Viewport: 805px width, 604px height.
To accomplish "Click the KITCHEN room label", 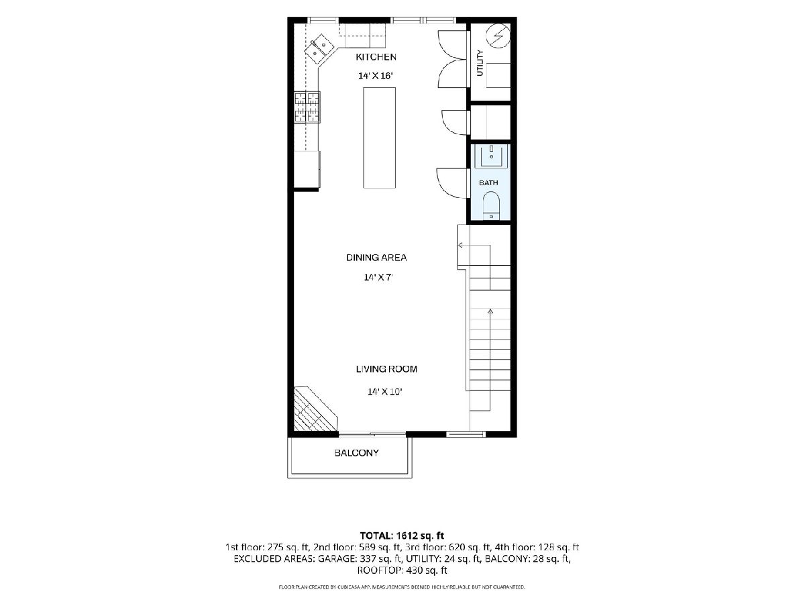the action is (376, 57).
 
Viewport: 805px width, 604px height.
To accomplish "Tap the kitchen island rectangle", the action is (379, 138).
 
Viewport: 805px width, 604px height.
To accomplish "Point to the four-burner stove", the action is (307, 107).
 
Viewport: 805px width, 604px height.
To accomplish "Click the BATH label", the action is (488, 183).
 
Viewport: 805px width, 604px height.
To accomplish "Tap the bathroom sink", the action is (491, 156).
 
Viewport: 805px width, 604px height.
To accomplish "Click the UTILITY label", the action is (480, 63).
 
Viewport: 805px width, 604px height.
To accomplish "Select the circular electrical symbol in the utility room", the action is (498, 36).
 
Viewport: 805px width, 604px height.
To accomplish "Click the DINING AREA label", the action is (376, 258).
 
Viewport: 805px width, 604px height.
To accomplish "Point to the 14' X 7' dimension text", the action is (378, 277).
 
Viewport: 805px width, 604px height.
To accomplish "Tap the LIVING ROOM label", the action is (386, 369).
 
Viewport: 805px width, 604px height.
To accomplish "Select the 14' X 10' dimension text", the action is (384, 392).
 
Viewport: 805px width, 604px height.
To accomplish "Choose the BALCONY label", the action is (356, 453).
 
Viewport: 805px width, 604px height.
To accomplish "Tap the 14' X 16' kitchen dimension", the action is (376, 76).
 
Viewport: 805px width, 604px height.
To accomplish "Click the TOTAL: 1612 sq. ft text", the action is (402, 536).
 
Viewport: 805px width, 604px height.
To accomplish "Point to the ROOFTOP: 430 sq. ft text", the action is (402, 570).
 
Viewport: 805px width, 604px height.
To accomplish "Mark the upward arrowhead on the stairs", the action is (490, 311).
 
